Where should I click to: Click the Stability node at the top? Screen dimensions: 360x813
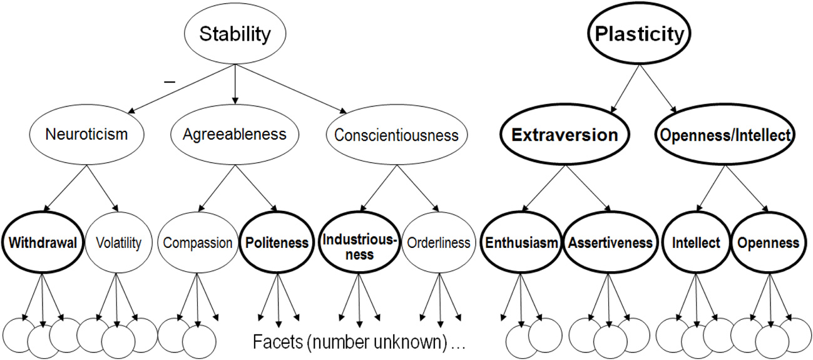[235, 35]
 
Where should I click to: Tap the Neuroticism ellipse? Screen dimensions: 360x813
[87, 134]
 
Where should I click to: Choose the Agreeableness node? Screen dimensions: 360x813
[235, 134]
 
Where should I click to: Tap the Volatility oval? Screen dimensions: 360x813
[118, 243]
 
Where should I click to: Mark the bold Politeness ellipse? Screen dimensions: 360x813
[275, 243]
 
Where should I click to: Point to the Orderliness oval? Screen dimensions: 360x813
[438, 243]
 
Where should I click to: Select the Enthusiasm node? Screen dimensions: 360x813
[521, 243]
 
